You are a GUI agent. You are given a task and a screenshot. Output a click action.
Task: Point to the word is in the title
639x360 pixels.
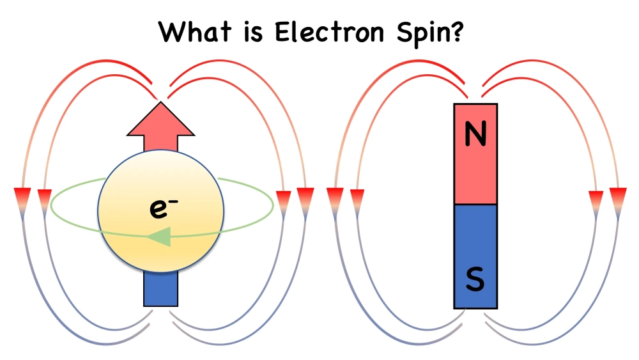tap(253, 31)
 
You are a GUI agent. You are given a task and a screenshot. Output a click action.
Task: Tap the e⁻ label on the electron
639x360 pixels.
tap(160, 208)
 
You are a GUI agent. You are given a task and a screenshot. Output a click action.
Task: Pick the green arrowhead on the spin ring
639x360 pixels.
tap(159, 237)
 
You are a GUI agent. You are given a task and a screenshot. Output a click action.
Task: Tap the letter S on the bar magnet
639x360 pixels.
tap(475, 279)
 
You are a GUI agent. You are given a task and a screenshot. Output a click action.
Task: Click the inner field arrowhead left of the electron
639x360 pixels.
tap(45, 198)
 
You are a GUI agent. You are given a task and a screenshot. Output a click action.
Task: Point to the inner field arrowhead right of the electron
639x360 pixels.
tap(282, 198)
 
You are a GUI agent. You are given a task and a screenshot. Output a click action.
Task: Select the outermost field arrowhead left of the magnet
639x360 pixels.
tap(335, 196)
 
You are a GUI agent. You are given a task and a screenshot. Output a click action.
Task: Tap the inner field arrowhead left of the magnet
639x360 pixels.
tap(357, 198)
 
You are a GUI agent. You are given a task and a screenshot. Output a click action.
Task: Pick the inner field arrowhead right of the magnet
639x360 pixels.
tap(596, 198)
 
